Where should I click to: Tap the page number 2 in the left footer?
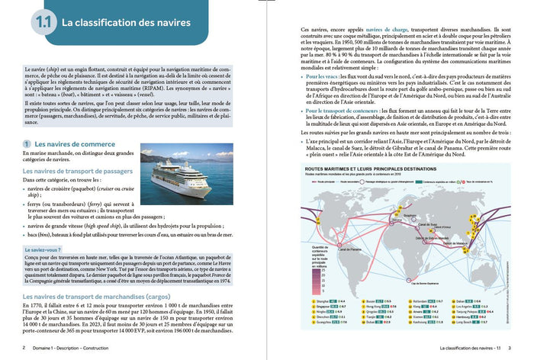[x=24, y=349]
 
